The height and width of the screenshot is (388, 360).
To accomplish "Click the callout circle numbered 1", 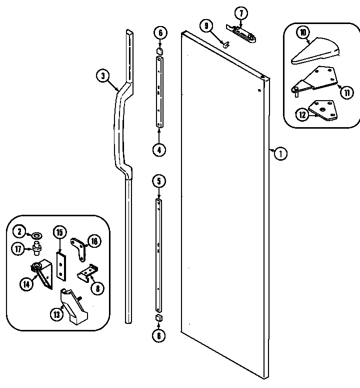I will [280, 154].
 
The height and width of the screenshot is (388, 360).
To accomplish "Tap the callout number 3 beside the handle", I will [102, 76].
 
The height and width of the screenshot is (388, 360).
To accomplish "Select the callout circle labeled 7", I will [240, 12].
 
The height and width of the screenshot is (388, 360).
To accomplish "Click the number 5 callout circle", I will [159, 180].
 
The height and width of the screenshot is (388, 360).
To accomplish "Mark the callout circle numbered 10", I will [302, 34].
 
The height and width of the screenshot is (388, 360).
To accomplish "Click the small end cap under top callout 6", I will [159, 50].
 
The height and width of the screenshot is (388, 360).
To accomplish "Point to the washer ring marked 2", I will [36, 235].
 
